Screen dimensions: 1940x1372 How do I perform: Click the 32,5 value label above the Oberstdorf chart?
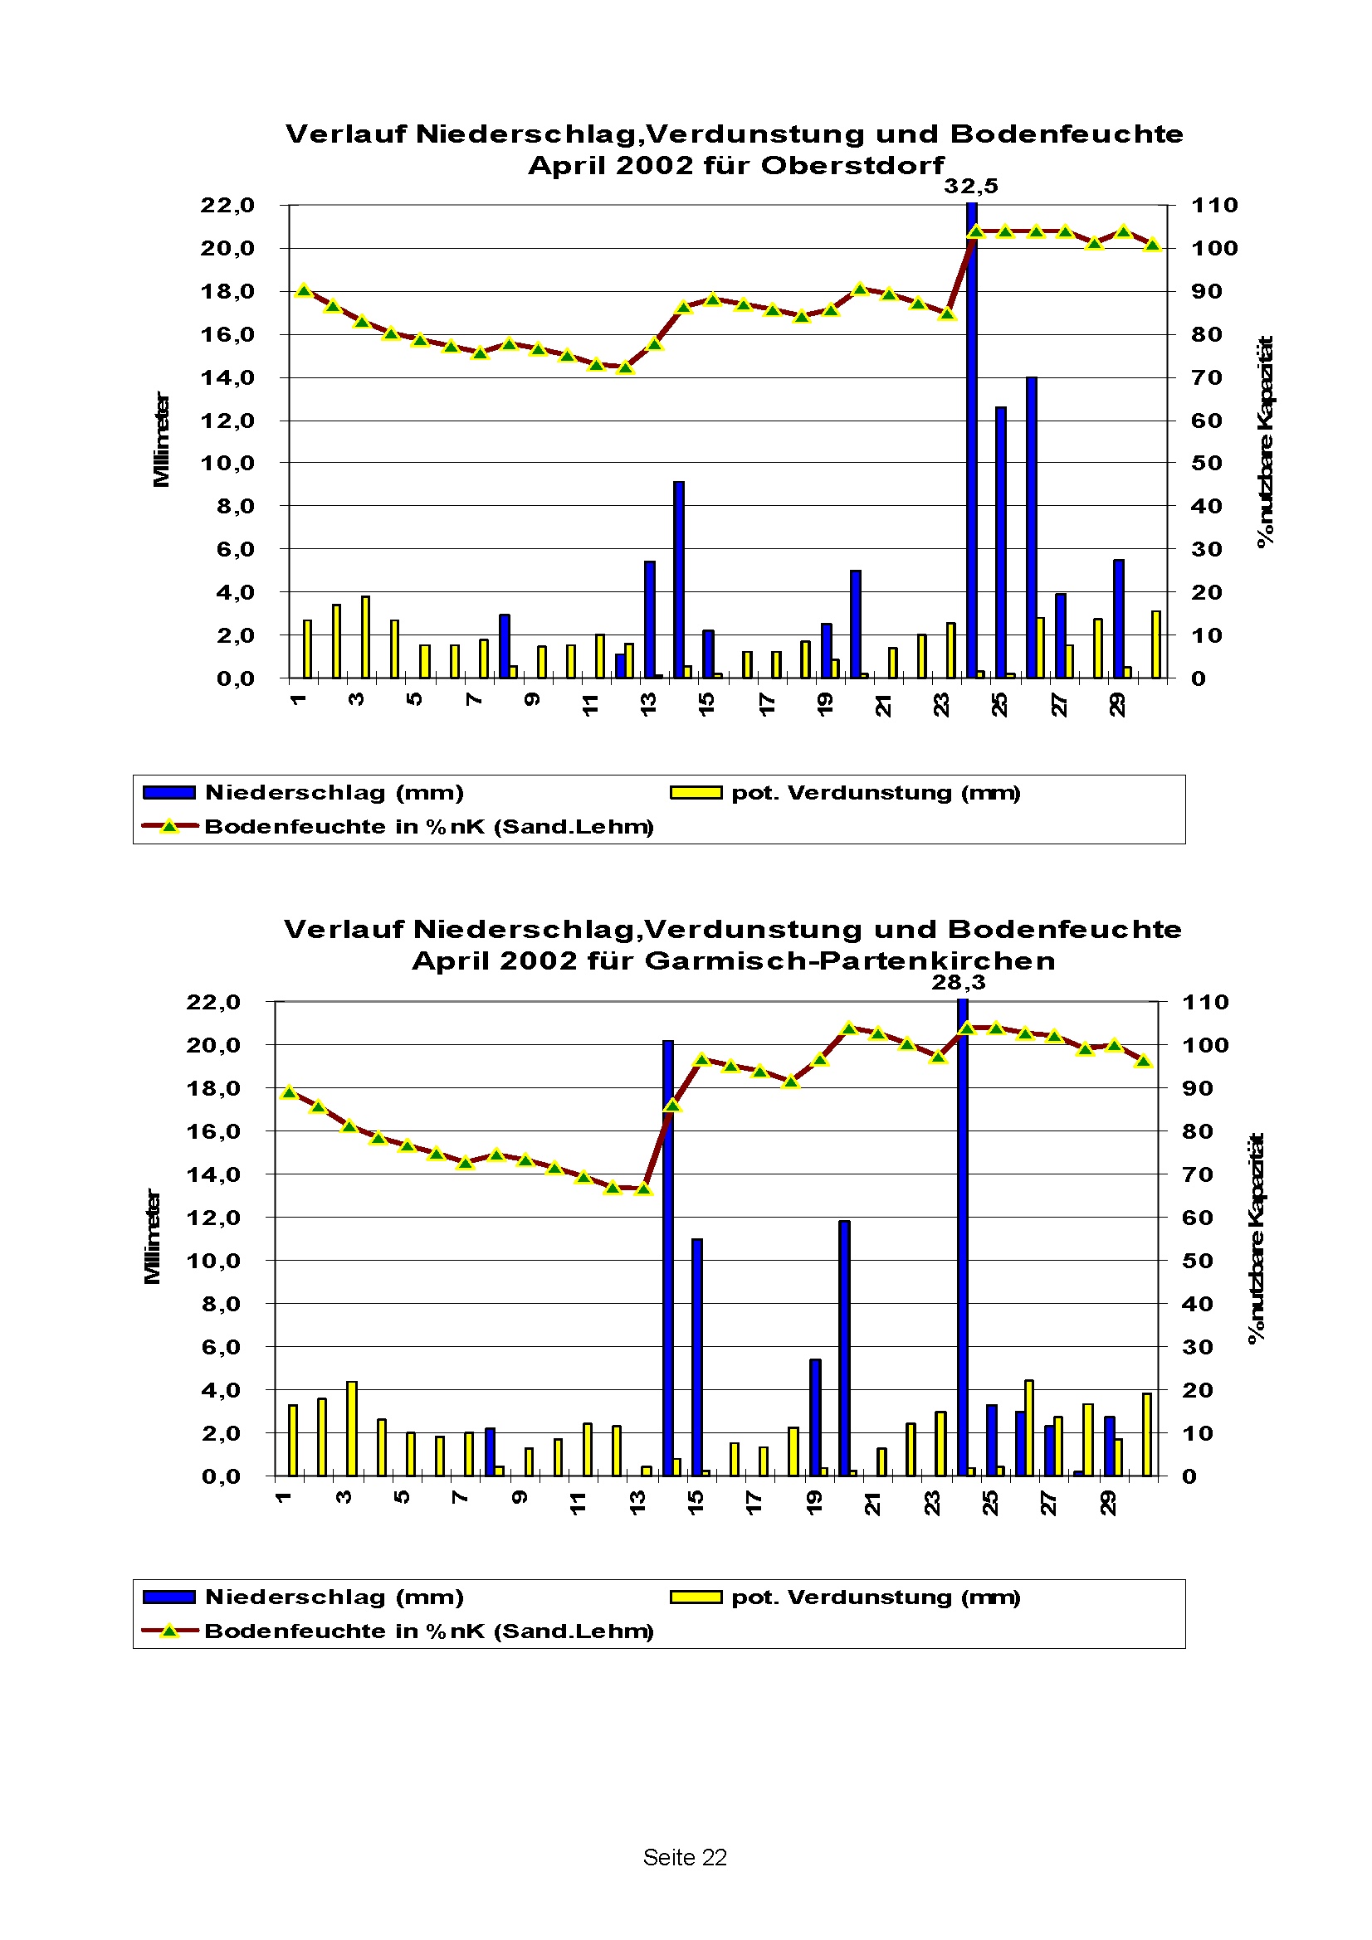(970, 186)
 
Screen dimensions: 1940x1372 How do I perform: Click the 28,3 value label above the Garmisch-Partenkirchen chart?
(959, 982)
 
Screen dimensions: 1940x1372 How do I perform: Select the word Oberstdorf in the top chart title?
(852, 165)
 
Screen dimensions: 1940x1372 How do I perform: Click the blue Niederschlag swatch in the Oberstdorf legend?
(169, 793)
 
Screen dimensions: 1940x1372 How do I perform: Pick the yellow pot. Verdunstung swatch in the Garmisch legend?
(696, 1597)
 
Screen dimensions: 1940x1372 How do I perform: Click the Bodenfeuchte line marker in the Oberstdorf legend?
(169, 826)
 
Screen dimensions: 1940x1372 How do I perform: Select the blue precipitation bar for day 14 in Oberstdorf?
(679, 580)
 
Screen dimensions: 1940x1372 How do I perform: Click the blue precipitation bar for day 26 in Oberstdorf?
(1032, 528)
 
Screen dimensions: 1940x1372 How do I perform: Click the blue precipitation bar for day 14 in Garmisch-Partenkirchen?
(668, 1258)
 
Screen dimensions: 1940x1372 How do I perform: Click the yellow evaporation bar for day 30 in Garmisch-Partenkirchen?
(1147, 1435)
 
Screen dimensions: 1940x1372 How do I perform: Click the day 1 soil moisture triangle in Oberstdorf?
(305, 290)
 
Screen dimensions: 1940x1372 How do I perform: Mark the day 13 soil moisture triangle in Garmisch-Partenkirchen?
(643, 1189)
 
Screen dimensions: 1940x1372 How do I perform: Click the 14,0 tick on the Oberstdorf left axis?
(227, 377)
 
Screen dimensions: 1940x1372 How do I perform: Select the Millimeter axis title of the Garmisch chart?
(152, 1237)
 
